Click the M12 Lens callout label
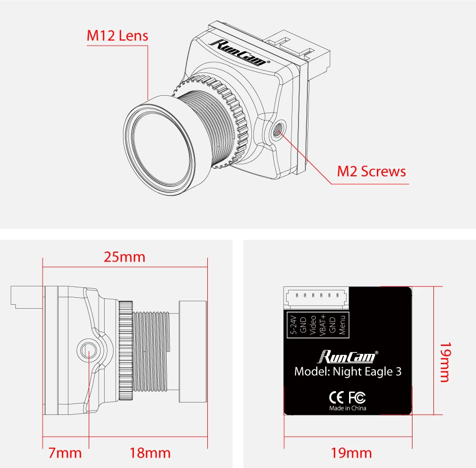118,36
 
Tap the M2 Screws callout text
371,171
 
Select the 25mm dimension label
124,257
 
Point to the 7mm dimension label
65,453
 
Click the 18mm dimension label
150,453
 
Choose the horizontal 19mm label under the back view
351,453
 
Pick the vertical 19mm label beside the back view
445,362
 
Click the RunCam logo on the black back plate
348,357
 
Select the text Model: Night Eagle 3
348,372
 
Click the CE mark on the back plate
337,397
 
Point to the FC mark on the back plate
357,397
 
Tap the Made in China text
348,408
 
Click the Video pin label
313,325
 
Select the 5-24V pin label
294,325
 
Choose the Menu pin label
342,325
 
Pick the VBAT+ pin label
323,325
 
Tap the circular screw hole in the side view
88,349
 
